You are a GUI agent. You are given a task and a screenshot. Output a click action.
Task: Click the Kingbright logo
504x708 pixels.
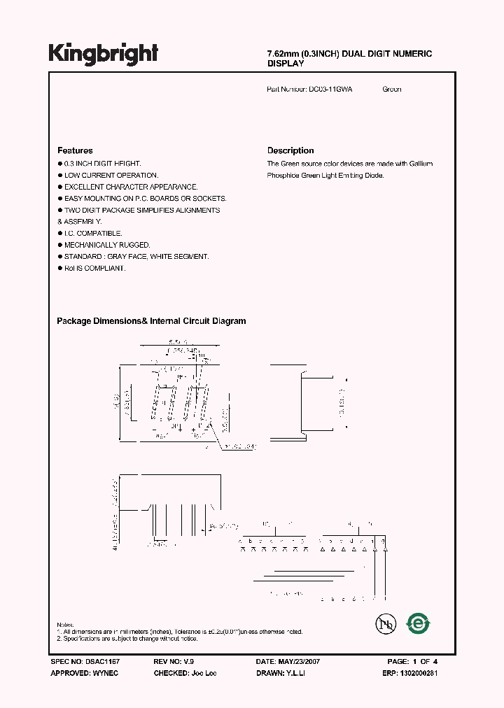(104, 54)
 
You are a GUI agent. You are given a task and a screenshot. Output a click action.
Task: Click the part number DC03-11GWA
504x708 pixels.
(330, 90)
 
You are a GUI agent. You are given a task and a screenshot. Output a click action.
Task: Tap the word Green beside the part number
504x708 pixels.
(392, 90)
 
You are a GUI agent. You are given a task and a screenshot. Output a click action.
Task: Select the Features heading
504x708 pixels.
(75, 150)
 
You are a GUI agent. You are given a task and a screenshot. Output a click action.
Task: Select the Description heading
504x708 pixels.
(290, 150)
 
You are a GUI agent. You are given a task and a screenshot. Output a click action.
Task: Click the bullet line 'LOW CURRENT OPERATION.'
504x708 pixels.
(111, 175)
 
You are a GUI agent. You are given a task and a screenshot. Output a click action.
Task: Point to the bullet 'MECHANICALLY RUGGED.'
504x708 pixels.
(107, 245)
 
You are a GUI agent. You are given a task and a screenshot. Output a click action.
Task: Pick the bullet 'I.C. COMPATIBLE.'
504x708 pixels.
(93, 233)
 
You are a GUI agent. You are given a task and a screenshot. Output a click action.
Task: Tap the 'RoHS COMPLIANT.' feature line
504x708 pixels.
(94, 268)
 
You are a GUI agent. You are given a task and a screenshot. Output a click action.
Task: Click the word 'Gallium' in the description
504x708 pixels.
(420, 164)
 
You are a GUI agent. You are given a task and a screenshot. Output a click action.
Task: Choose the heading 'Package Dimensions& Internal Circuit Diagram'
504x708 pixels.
(151, 321)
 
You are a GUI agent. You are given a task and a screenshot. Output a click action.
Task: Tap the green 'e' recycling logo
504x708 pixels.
(419, 623)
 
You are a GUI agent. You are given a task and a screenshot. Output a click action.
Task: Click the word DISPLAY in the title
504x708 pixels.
(286, 64)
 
